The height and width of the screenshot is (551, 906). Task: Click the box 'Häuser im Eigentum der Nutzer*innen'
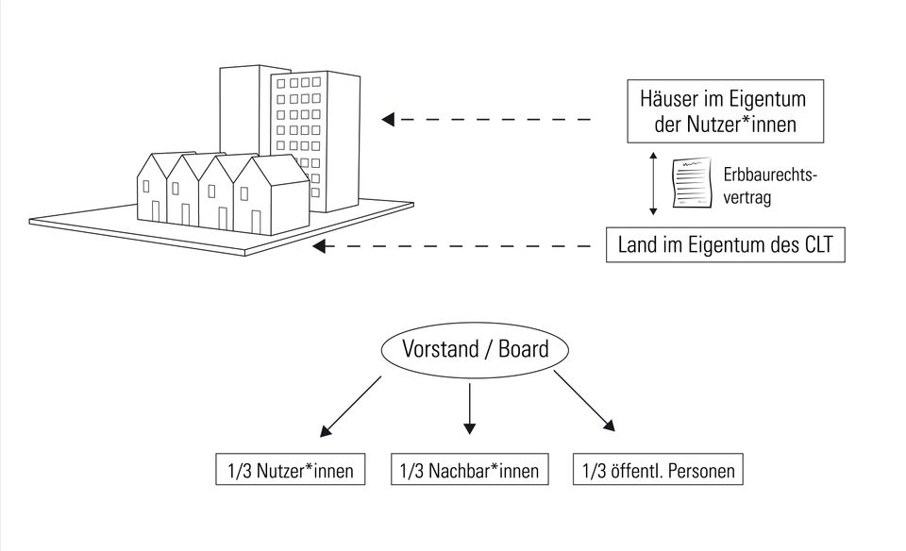tap(724, 111)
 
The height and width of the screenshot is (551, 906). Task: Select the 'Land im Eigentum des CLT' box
tap(725, 246)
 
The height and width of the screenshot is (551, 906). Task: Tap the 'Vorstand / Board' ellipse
tap(475, 349)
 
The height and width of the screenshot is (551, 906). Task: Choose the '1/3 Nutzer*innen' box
tap(290, 470)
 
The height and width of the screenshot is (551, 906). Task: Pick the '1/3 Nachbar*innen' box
tap(469, 470)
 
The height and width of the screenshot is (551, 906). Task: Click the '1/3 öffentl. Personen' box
tap(658, 470)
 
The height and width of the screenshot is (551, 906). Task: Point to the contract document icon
tap(693, 183)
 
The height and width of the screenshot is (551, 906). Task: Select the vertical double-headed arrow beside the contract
tap(652, 183)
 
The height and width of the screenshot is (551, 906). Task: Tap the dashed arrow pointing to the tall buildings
tap(486, 120)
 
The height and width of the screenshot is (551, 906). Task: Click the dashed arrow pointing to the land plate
tap(453, 246)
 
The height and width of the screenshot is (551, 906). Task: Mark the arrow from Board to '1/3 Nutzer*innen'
tap(350, 407)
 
